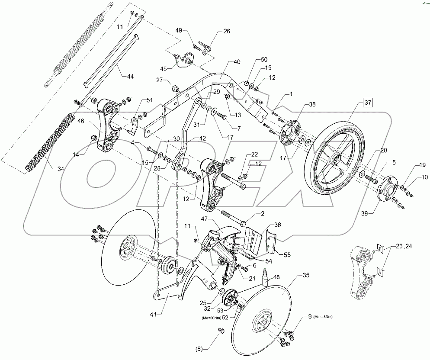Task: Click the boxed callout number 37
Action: pos(367,103)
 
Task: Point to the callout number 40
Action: pos(237,62)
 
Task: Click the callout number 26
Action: pos(227,31)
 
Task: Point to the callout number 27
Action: pos(160,80)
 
